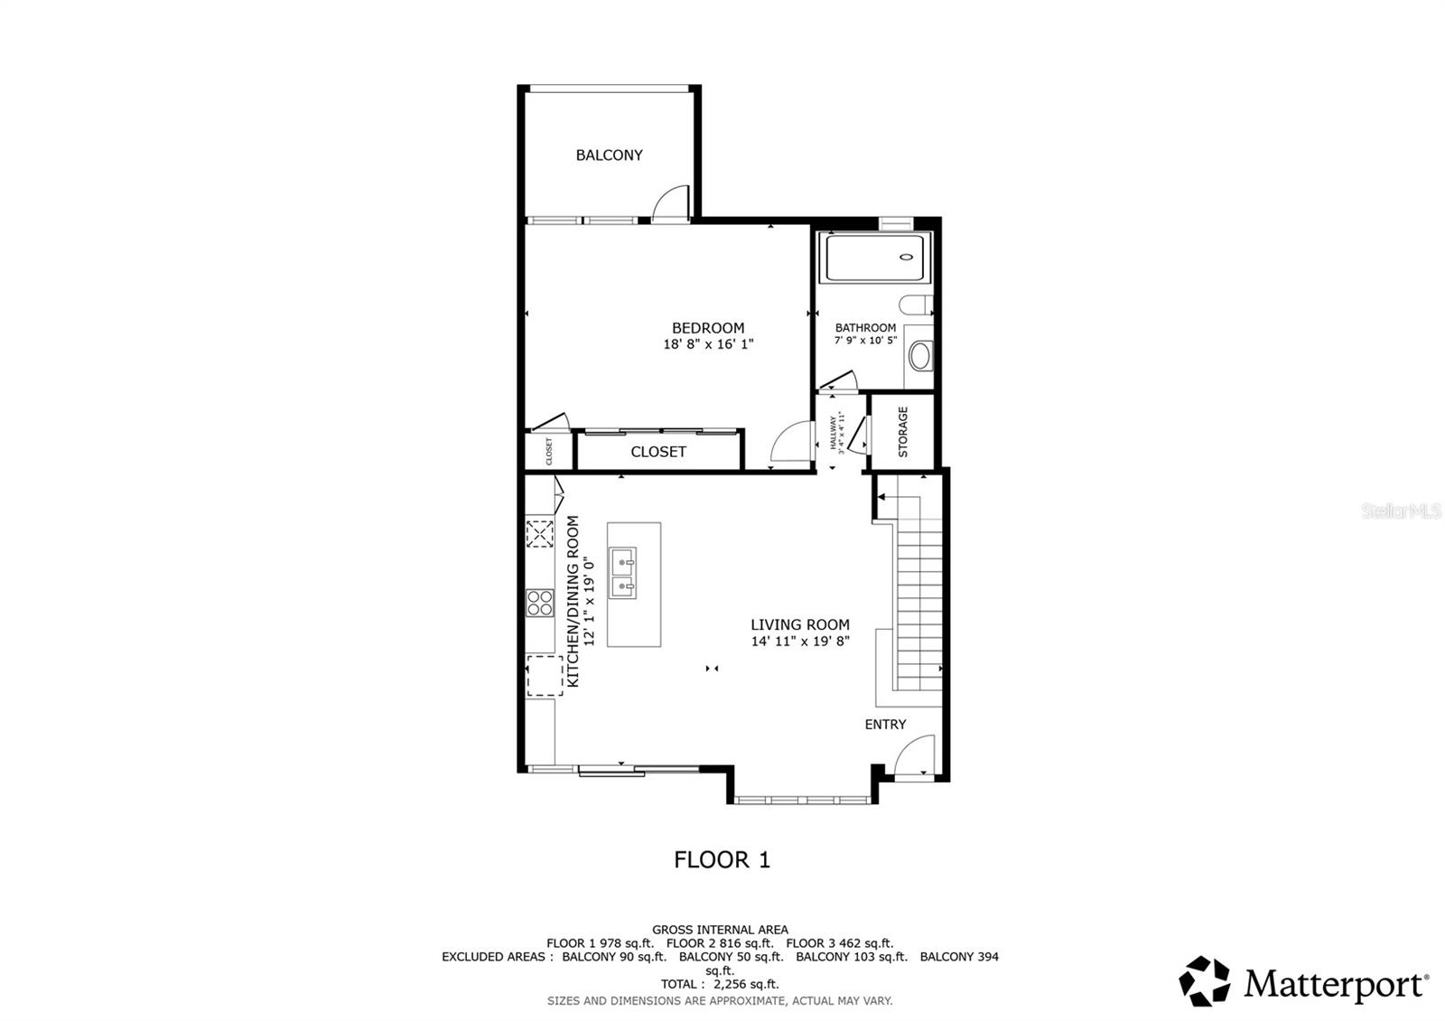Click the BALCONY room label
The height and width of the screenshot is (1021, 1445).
(610, 155)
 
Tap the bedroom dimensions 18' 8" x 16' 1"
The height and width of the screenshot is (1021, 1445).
(708, 344)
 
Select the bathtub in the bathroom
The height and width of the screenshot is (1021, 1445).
(873, 258)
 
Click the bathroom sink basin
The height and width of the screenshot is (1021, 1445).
(919, 355)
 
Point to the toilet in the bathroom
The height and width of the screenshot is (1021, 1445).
(918, 304)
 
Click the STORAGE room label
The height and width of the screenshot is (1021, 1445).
(902, 431)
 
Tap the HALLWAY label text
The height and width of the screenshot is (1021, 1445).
(833, 432)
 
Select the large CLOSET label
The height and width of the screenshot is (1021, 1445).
(658, 452)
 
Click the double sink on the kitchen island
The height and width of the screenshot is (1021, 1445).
(622, 573)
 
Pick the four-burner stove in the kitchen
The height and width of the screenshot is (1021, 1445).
(540, 603)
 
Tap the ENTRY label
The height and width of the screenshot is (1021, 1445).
(885, 725)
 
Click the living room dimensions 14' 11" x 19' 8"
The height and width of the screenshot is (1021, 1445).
(800, 642)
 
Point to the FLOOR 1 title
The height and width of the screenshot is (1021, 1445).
(722, 859)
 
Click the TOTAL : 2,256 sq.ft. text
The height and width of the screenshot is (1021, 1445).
(720, 984)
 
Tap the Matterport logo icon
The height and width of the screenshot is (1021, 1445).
(1205, 981)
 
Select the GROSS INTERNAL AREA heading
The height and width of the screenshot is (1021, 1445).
(720, 929)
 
